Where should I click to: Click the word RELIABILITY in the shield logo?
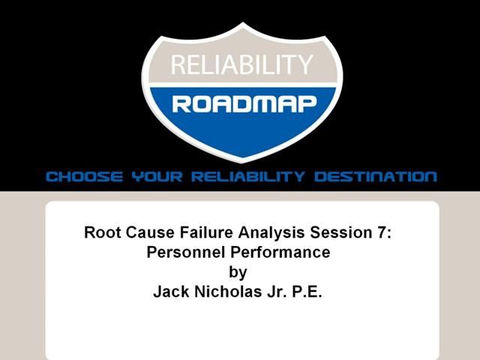(240, 65)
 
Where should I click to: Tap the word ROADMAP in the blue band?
(241, 103)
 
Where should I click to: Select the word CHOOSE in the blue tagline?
(83, 178)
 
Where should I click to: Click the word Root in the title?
(100, 232)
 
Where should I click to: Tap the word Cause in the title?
(142, 232)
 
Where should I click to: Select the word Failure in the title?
(190, 232)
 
